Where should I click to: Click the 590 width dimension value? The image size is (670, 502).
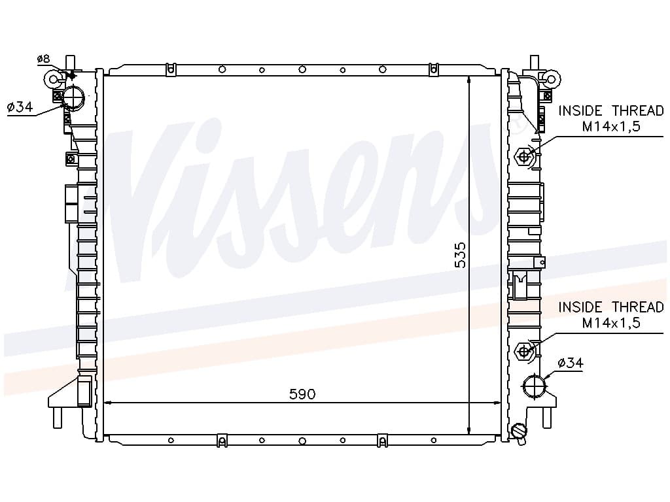302,393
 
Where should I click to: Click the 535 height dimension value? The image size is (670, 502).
460,256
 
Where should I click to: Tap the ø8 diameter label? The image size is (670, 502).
43,58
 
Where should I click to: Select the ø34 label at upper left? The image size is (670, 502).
20,107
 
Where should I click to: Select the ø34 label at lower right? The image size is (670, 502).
571,363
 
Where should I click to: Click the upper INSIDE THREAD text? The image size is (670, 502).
611,111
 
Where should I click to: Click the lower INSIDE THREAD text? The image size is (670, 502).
611,307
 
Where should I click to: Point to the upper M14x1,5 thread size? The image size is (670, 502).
611,127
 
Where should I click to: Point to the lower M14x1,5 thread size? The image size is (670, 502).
611,323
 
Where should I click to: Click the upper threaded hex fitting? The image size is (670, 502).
524,157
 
